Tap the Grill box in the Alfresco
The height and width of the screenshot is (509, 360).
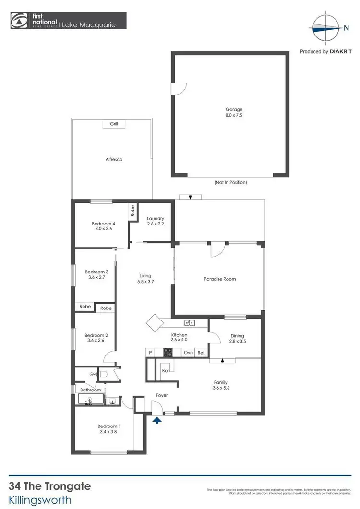point(114,124)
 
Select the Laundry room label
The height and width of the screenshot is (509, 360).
point(156,219)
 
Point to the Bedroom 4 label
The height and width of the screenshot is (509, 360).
point(104,224)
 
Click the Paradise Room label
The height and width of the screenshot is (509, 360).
point(220,279)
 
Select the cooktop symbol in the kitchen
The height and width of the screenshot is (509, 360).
point(168,353)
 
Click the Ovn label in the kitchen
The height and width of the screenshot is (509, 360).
point(188,353)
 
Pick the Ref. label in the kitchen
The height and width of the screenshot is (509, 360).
point(202,353)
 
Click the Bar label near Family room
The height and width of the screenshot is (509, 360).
point(167,371)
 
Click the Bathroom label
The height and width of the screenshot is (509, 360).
point(90,390)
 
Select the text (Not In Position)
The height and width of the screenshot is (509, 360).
point(230,182)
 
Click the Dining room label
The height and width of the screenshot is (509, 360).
point(237,336)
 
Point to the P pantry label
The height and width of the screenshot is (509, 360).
point(150,353)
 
